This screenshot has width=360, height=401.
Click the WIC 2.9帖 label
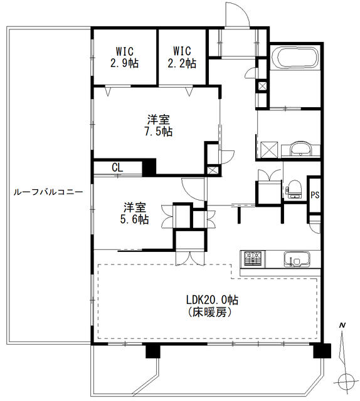pyautogui.click(x=125, y=57)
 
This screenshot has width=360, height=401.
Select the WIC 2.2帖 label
pyautogui.click(x=182, y=57)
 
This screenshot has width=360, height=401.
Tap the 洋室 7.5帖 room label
pyautogui.click(x=159, y=125)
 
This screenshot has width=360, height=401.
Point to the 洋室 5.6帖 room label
pyautogui.click(x=135, y=213)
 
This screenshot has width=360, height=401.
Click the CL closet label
pyautogui.click(x=117, y=168)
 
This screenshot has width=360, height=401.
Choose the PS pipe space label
pyautogui.click(x=315, y=195)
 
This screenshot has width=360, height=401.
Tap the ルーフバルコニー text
pyautogui.click(x=48, y=192)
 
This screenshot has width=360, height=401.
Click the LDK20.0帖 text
pyautogui.click(x=212, y=299)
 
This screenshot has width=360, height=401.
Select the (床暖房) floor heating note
pyautogui.click(x=209, y=312)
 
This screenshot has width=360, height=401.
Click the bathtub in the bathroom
pyautogui.click(x=295, y=58)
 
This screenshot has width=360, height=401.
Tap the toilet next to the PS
pyautogui.click(x=294, y=189)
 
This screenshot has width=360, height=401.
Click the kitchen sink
pyautogui.click(x=297, y=259)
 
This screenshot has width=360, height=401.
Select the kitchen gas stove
pyautogui.click(x=253, y=258)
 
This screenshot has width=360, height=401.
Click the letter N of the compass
pyautogui.click(x=342, y=326)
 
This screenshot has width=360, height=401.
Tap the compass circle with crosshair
pyautogui.click(x=346, y=382)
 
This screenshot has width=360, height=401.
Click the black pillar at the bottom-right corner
pyautogui.click(x=322, y=351)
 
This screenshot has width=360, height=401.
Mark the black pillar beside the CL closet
pyautogui.click(x=149, y=167)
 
